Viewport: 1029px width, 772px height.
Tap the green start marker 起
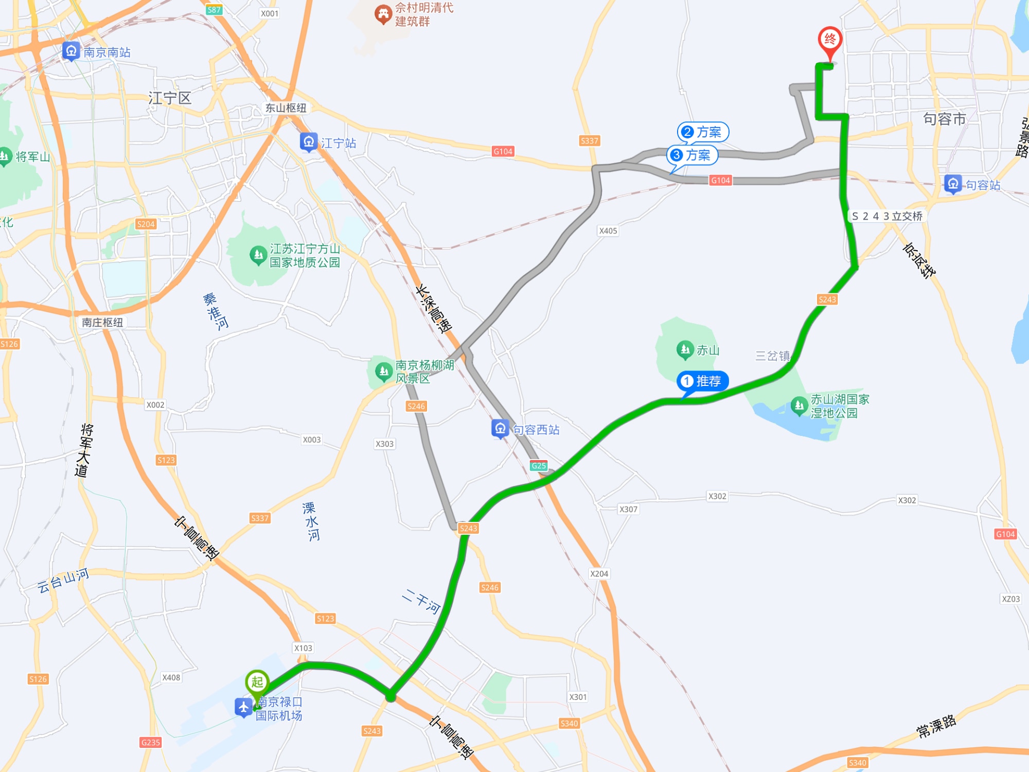click(257, 682)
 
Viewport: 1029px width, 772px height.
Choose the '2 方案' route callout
click(703, 132)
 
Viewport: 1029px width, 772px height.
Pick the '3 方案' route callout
click(692, 155)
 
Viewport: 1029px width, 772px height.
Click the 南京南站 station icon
click(71, 51)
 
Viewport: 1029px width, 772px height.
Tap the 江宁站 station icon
click(309, 142)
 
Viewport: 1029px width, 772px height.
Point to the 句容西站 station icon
click(500, 429)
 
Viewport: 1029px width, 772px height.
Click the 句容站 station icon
click(953, 184)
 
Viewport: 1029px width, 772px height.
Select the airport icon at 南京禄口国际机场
click(243, 708)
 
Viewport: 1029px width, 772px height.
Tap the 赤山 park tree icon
click(685, 350)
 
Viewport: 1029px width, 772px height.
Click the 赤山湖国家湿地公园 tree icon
click(799, 406)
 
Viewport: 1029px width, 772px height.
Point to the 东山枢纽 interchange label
click(286, 108)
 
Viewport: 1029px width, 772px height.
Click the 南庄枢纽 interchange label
click(102, 323)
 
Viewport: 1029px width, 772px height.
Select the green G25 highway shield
click(539, 466)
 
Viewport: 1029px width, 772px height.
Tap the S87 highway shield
click(214, 10)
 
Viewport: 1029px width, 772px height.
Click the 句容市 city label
click(944, 119)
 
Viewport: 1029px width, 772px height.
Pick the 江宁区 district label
click(170, 98)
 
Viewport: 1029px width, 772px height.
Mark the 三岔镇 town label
click(772, 356)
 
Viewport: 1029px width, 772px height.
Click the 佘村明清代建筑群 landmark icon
click(383, 14)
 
